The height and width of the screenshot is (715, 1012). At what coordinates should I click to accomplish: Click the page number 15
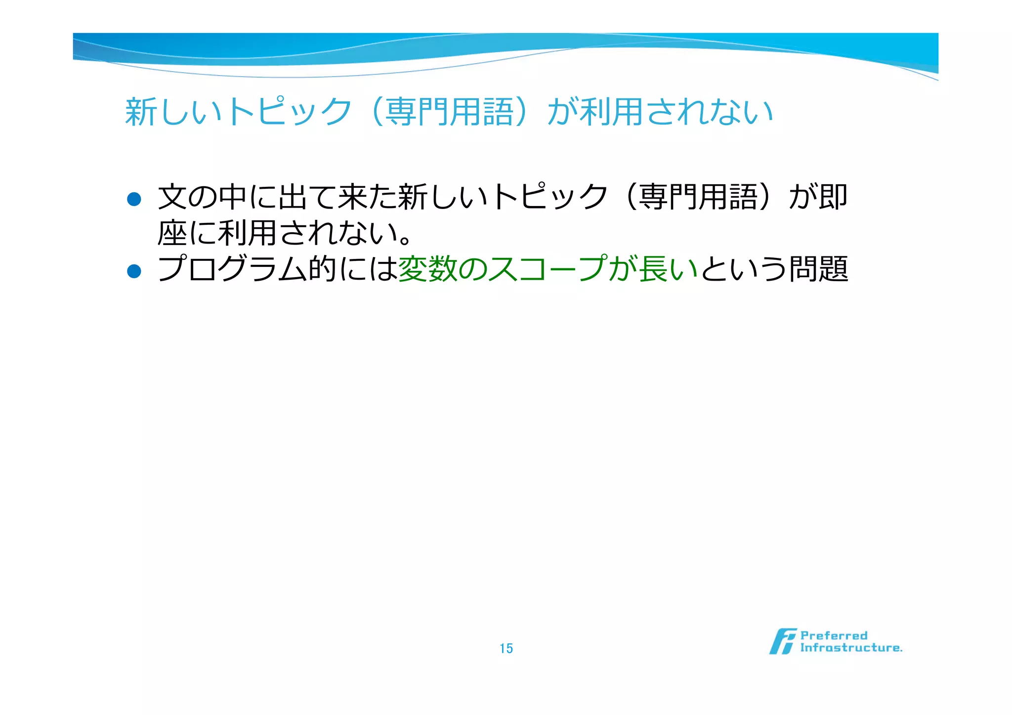tap(506, 648)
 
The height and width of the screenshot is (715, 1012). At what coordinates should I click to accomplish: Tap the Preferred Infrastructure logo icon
tap(782, 641)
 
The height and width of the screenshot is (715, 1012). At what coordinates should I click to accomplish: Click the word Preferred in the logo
tap(834, 635)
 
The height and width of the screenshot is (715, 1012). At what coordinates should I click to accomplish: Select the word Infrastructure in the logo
tap(851, 648)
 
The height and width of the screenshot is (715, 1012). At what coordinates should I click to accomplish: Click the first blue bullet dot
tap(134, 199)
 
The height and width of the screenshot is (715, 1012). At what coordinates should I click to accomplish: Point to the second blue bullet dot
tap(134, 271)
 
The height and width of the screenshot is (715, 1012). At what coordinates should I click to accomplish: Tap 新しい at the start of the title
tap(173, 112)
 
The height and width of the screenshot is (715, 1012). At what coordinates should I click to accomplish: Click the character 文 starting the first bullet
tap(172, 197)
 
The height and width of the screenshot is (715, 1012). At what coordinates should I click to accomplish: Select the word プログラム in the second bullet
tap(232, 269)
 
